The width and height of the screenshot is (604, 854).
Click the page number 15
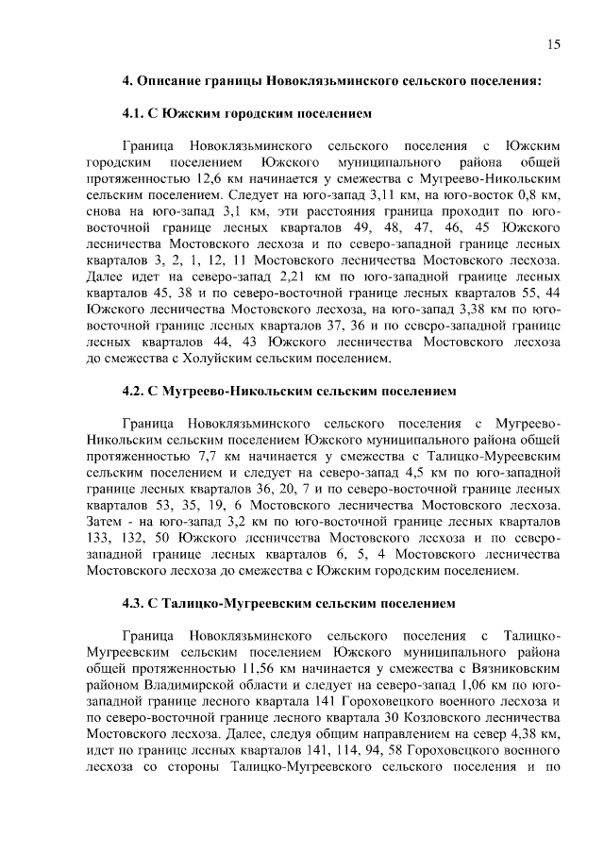(x=555, y=44)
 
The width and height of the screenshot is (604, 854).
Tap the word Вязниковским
(x=501, y=665)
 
